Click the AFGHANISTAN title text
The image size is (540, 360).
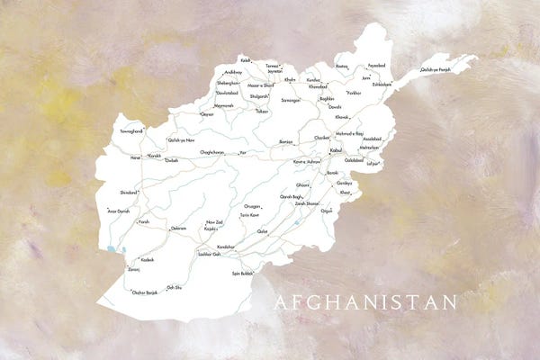point(365,302)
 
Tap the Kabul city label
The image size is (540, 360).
point(336,149)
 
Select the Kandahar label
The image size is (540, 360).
point(225,245)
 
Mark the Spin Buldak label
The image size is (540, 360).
point(242,273)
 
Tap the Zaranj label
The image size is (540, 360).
point(133,268)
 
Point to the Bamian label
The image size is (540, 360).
point(286,141)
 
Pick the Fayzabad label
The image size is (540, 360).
point(375,66)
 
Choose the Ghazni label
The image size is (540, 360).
point(302,184)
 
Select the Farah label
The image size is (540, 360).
point(142,220)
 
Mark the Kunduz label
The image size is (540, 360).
point(313,79)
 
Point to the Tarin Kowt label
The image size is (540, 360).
point(249,215)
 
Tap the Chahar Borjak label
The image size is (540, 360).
point(145,292)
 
